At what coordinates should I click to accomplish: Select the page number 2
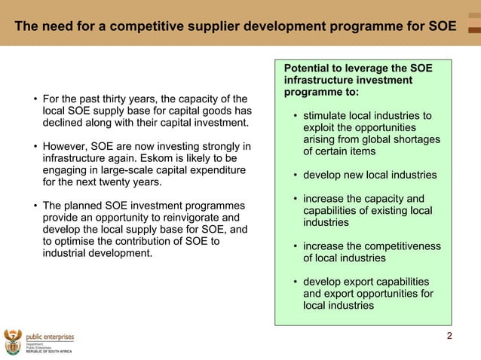click(x=449, y=335)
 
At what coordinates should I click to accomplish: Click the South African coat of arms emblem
click(x=12, y=341)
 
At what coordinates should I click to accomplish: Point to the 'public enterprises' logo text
click(x=50, y=337)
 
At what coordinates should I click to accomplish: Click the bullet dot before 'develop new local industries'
click(x=294, y=175)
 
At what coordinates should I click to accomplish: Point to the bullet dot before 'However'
click(x=34, y=146)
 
